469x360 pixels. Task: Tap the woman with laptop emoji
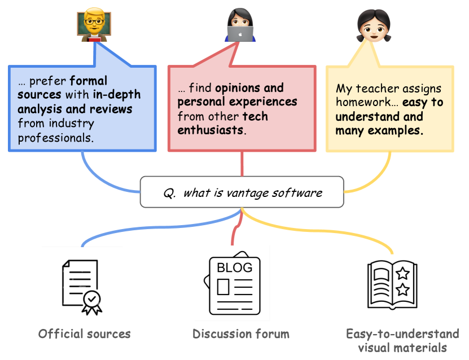pos(241,26)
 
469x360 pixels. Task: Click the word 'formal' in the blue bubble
pos(89,81)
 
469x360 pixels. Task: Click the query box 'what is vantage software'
pos(242,193)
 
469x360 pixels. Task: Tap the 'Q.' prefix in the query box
pos(169,193)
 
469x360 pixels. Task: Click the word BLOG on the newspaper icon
pos(235,266)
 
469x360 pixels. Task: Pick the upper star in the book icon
pos(403,274)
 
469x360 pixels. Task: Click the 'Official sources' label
pos(85,334)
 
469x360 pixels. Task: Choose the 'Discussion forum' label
pos(241,334)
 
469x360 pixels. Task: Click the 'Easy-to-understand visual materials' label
pos(402,341)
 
